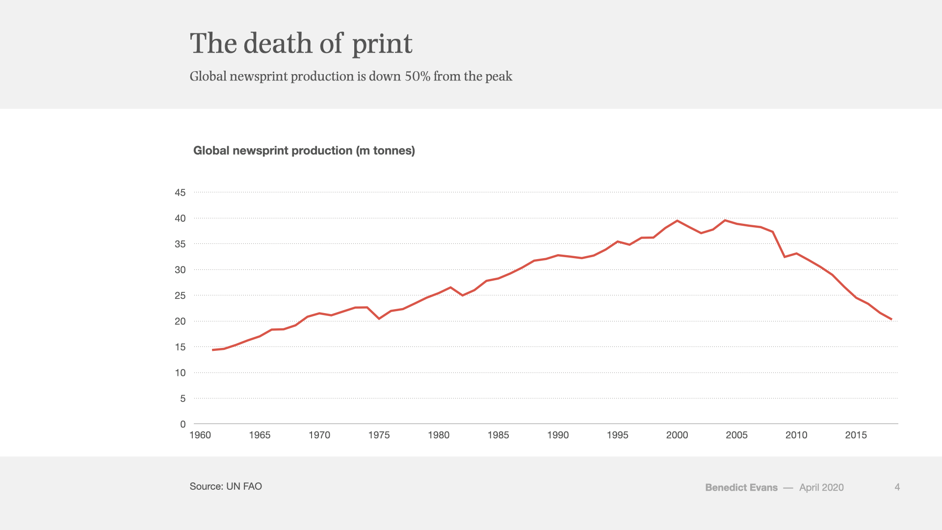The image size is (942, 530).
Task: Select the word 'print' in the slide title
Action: pos(382,45)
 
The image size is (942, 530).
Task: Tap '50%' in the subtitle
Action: pos(418,77)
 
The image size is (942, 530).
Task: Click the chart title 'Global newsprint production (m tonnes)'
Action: pos(304,151)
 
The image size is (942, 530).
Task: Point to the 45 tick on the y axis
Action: pos(180,192)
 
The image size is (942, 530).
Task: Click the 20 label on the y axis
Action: pos(180,321)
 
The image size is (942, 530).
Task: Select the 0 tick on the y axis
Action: pos(183,424)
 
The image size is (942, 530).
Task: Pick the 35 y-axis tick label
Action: pos(180,244)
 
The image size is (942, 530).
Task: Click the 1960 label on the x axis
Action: pos(200,435)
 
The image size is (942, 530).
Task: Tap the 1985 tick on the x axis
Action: pos(498,435)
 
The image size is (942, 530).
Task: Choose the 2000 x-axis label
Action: pos(677,435)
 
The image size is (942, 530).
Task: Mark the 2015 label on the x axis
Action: pos(856,435)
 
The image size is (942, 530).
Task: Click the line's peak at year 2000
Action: pos(677,221)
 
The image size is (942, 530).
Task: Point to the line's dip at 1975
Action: pos(379,318)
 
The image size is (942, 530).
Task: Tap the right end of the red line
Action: pos(891,319)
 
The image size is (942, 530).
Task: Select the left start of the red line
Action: pos(212,350)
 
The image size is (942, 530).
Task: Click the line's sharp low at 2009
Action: pos(785,257)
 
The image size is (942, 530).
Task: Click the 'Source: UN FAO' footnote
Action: pos(226,486)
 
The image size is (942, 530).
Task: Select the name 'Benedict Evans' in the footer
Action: pos(741,487)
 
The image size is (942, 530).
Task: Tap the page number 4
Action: pos(897,487)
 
